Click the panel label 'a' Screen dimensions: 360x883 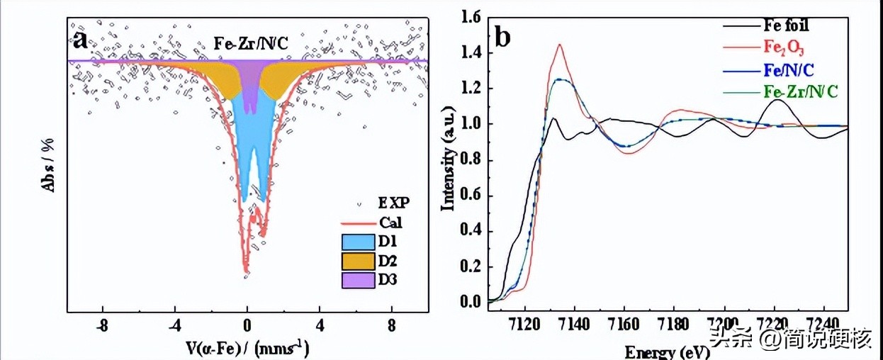click(81, 39)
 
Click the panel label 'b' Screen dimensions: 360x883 click(502, 35)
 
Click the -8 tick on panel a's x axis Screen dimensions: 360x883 click(103, 328)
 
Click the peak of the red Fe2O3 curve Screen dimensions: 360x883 click(560, 45)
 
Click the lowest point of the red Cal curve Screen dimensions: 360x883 click(246, 271)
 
